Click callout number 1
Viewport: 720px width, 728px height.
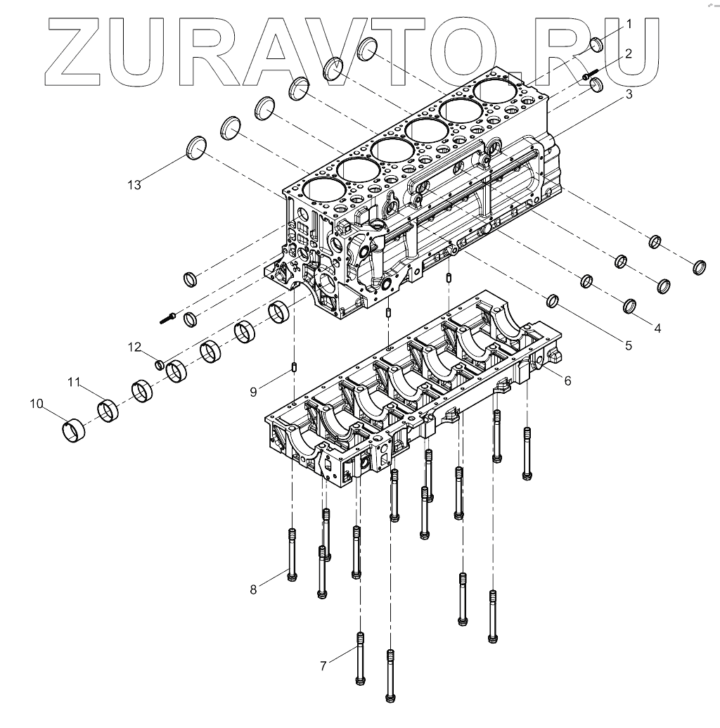pos(629,23)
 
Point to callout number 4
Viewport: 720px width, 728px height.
pos(657,327)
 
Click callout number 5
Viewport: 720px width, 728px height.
pos(629,345)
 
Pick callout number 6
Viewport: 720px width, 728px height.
pos(567,380)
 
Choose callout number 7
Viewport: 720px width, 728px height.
pos(324,665)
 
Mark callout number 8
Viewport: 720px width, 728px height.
pos(254,589)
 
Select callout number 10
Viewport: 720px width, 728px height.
pos(37,404)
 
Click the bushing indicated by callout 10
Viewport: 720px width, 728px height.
pos(72,430)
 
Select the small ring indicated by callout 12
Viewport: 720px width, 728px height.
pos(160,364)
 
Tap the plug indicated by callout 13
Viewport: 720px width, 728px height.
pos(196,148)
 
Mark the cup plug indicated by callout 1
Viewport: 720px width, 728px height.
pos(597,44)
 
